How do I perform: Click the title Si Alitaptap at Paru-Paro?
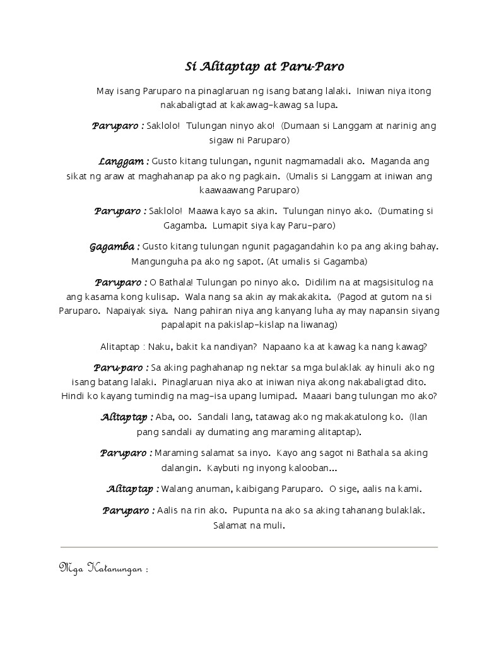[x=264, y=66]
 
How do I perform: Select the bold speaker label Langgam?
[x=123, y=162]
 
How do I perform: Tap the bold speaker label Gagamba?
[x=114, y=246]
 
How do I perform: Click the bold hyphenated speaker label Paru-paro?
[x=120, y=368]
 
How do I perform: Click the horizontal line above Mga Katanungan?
[x=249, y=547]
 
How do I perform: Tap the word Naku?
[x=159, y=347]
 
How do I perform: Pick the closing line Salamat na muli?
[x=249, y=525]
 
